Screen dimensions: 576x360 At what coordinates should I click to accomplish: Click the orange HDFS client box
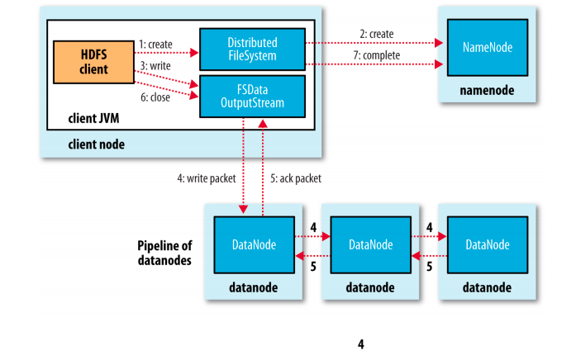(x=93, y=62)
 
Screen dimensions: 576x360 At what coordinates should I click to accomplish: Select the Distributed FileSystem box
(x=252, y=50)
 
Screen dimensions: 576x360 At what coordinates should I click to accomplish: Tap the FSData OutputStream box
(x=252, y=97)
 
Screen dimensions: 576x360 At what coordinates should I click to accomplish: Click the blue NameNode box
(x=488, y=48)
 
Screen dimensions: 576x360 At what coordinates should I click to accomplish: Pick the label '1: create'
(x=155, y=45)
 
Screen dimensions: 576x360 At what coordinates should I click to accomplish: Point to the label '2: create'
(x=377, y=34)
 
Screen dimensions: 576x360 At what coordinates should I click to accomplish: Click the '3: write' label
(x=155, y=66)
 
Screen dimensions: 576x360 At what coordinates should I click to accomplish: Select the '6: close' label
(x=155, y=97)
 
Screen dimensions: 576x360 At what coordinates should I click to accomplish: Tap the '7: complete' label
(x=377, y=55)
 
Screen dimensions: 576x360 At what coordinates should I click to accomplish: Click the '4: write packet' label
(x=207, y=178)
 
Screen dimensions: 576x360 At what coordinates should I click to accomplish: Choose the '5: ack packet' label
(x=296, y=178)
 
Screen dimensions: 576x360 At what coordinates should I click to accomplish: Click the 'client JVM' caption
(x=93, y=119)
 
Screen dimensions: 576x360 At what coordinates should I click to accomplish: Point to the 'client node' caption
(x=96, y=144)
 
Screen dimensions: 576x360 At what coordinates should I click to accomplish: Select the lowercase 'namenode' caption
(x=487, y=90)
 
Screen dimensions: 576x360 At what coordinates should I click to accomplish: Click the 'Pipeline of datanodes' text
(x=164, y=253)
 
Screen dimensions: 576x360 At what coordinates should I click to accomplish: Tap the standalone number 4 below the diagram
(x=361, y=344)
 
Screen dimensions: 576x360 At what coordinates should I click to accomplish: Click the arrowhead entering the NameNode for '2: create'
(x=439, y=43)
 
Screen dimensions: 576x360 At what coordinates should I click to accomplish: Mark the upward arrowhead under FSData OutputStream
(x=263, y=123)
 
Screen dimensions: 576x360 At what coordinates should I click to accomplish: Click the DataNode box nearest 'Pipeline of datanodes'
(x=255, y=245)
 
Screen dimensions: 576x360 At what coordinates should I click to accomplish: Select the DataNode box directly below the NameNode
(x=488, y=245)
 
